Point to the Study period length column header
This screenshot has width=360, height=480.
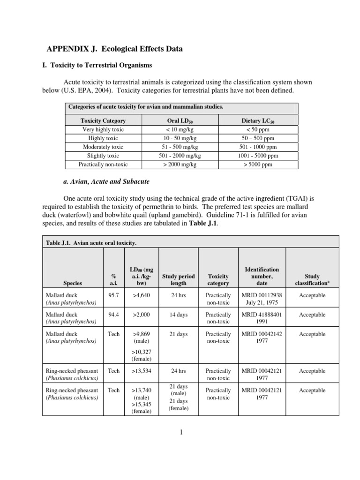179,279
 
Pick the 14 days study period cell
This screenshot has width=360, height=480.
179,315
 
